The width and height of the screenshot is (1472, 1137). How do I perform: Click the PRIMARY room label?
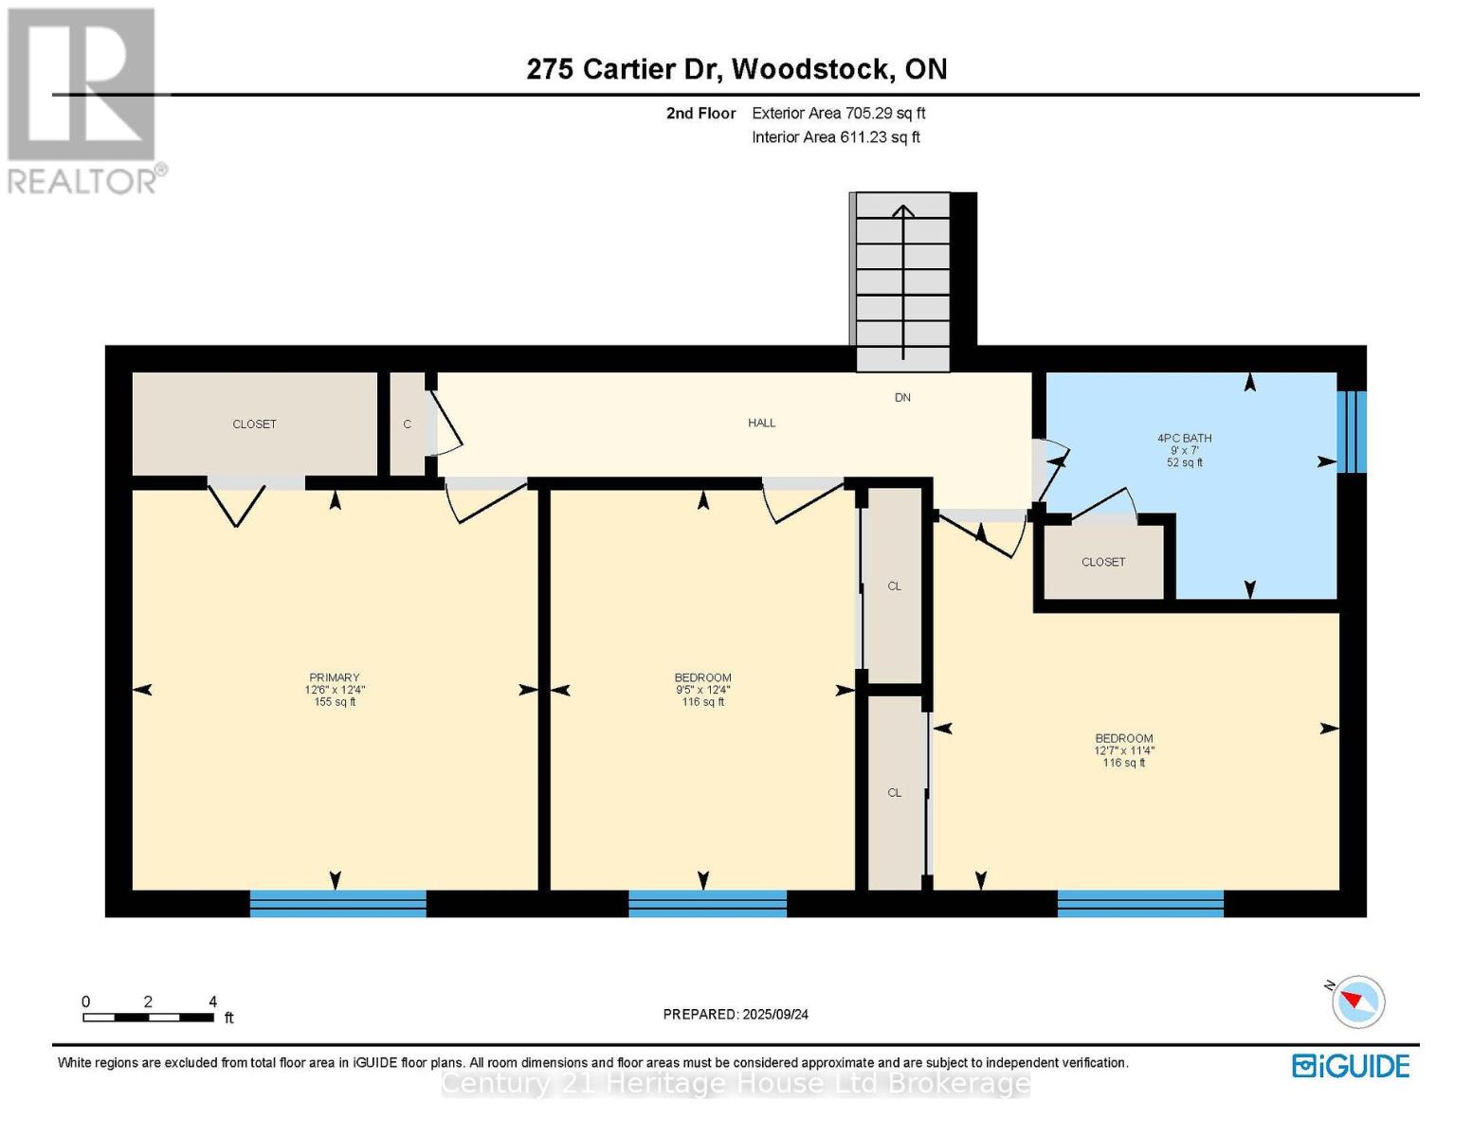[x=334, y=677]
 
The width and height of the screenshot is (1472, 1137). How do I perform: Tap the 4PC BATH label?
[x=1184, y=439]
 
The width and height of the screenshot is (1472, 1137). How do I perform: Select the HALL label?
[x=761, y=424]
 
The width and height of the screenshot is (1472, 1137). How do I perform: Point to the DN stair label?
[x=902, y=398]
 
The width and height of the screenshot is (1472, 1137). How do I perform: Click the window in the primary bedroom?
[x=337, y=904]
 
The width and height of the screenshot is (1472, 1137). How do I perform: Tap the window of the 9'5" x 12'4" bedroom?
[x=707, y=904]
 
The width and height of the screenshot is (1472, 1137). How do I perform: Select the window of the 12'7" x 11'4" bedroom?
[x=1140, y=904]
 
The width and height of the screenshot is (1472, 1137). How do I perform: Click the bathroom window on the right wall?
[x=1352, y=431]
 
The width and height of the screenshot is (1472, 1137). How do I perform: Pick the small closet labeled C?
[x=408, y=424]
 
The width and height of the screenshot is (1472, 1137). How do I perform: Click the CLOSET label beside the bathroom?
[x=1103, y=562]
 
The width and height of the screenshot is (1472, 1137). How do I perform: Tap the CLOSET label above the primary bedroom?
[x=254, y=424]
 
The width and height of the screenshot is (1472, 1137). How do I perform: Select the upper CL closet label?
[x=894, y=587]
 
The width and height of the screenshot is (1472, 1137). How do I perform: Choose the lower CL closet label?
[x=894, y=793]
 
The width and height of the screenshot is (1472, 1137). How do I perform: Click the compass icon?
[x=1357, y=1002]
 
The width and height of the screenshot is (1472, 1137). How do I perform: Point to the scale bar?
[x=148, y=1018]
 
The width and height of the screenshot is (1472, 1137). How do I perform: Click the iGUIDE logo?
[x=1351, y=1066]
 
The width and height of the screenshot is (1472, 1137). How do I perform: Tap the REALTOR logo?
[x=83, y=99]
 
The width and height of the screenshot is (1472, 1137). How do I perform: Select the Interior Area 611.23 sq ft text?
[x=836, y=137]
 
